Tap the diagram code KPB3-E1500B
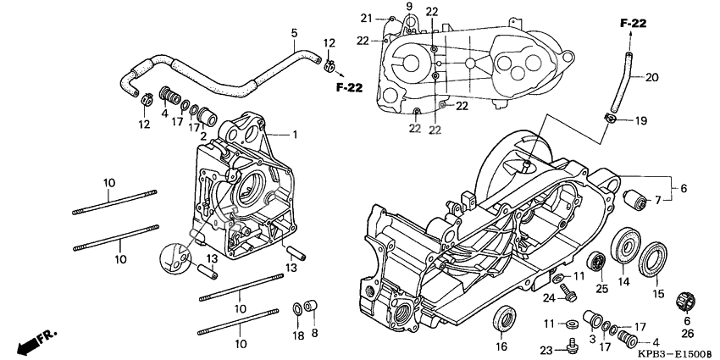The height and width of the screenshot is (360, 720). (678, 354)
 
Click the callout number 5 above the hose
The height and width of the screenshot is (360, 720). (294, 33)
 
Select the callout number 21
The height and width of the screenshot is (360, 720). (366, 19)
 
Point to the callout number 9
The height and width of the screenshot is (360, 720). (409, 6)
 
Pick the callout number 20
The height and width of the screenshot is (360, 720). (651, 78)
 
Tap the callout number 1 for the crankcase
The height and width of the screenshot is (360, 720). (295, 135)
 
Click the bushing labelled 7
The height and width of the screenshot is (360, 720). (634, 198)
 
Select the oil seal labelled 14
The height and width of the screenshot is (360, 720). (625, 246)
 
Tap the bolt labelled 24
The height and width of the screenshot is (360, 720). (568, 292)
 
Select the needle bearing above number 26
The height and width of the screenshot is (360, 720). (686, 301)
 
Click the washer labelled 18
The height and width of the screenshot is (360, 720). (297, 309)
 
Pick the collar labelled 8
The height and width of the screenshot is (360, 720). (312, 307)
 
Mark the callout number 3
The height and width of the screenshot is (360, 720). (592, 339)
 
